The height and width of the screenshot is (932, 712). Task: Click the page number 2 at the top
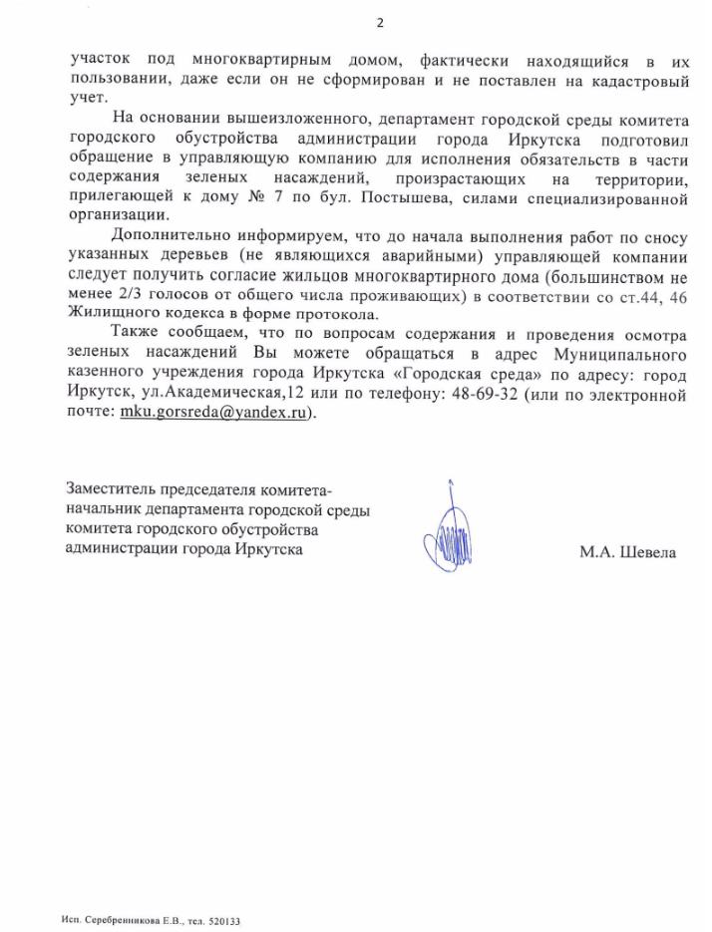(379, 23)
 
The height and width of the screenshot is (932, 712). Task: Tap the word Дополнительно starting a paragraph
(169, 236)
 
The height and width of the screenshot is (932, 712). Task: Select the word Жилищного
(110, 317)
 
